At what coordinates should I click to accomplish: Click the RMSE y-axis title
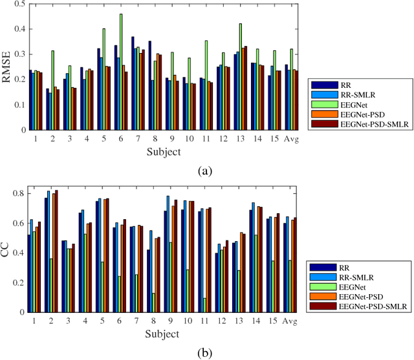[8, 67]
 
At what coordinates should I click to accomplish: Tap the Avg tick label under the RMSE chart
[290, 138]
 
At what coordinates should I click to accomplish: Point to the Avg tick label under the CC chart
[290, 321]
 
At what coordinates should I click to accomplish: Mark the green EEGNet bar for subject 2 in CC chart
[51, 285]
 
